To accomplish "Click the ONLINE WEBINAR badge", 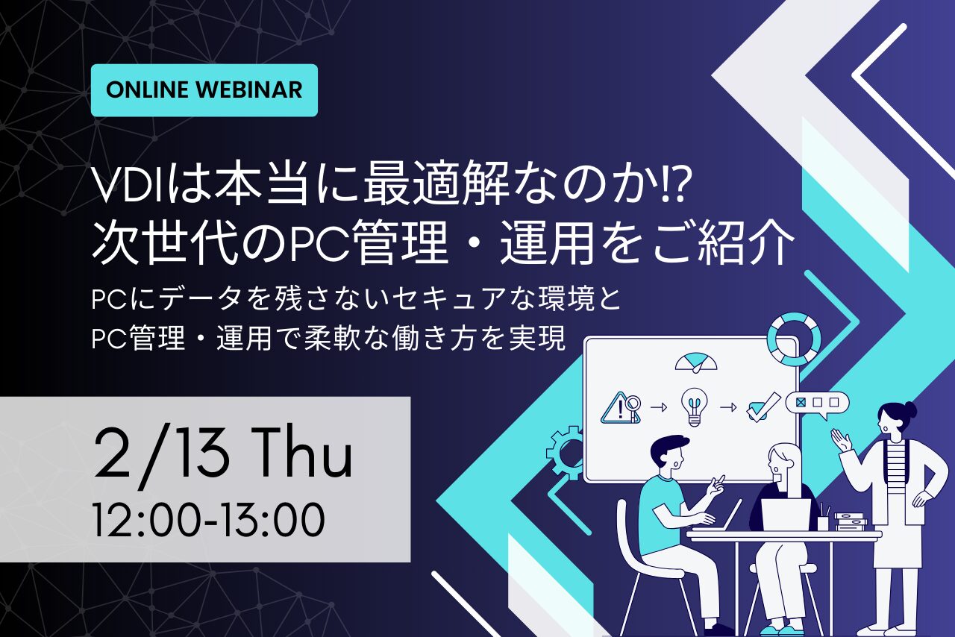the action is pos(204,90).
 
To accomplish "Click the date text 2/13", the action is pos(162,456).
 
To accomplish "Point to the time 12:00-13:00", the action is pos(209,519).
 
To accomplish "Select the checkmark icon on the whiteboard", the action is pos(763,407).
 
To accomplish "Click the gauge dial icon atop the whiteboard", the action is pos(696,363).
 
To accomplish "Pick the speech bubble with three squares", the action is pos(817,404).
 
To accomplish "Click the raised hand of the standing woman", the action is pos(841,441).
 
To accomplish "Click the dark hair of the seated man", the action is pos(668,447).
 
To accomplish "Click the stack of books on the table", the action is pos(850,522).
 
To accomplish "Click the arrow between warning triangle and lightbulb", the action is pos(659,407).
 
